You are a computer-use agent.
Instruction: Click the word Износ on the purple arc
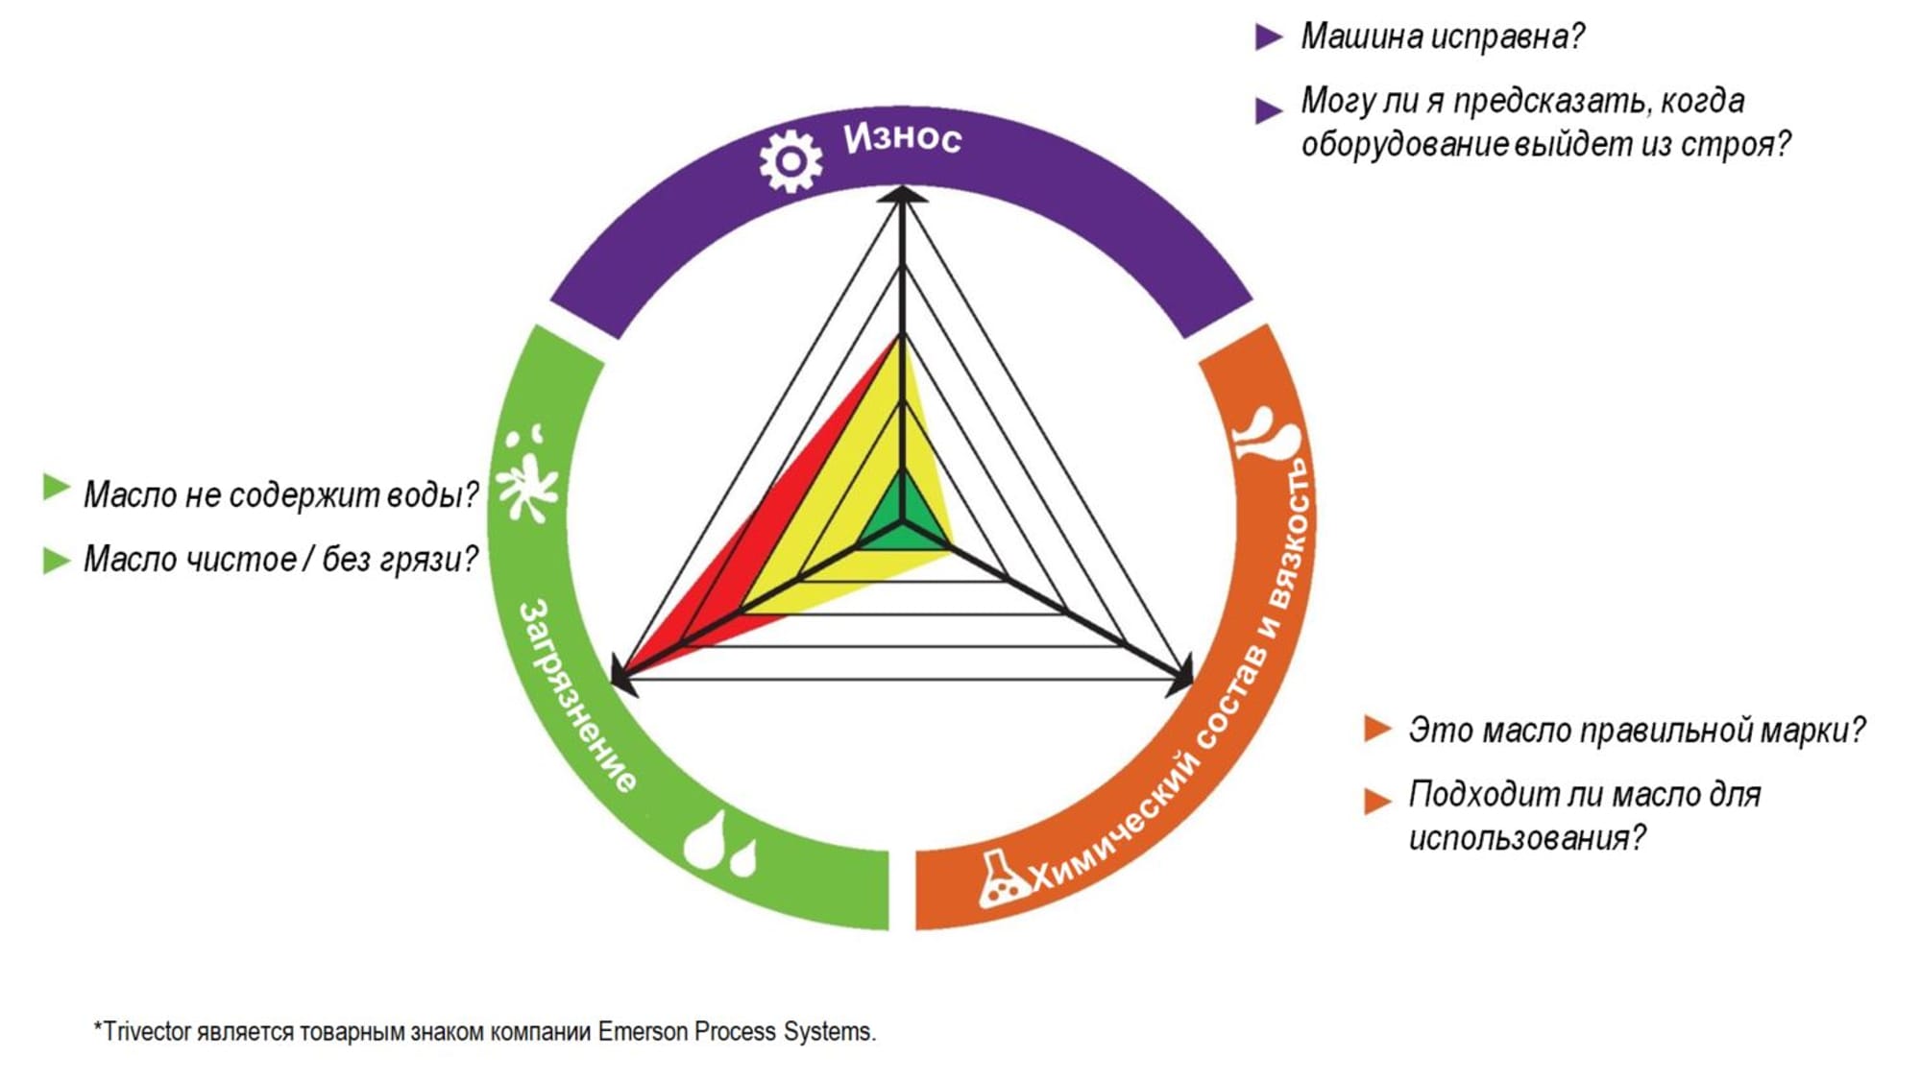click(x=902, y=138)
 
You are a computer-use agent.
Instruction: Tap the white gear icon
click(x=790, y=160)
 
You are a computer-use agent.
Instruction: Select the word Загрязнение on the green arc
click(x=577, y=696)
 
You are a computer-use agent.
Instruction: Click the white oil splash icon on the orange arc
click(x=1267, y=435)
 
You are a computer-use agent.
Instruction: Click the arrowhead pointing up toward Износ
click(x=902, y=194)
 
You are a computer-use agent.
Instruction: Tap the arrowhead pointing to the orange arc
click(x=1182, y=676)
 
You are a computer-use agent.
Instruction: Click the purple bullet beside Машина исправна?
click(x=1269, y=37)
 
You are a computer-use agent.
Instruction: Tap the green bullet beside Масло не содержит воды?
click(x=57, y=489)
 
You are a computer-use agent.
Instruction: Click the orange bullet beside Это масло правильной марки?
click(x=1377, y=729)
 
